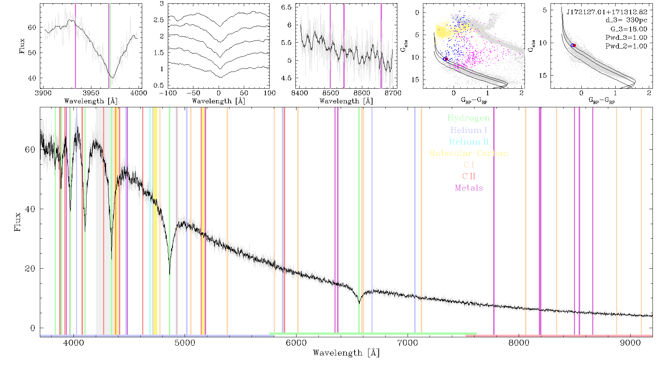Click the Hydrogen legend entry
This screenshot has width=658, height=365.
(x=468, y=118)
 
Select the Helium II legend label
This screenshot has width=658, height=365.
(x=468, y=142)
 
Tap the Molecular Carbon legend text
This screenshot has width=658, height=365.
(x=469, y=153)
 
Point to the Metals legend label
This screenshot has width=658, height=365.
(x=469, y=188)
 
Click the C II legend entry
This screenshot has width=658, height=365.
(x=469, y=176)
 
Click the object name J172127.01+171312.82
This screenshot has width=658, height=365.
(x=607, y=12)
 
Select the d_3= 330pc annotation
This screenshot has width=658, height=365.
(x=626, y=20)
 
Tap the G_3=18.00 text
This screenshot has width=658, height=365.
(x=629, y=29)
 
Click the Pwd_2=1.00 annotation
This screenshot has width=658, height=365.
(x=626, y=46)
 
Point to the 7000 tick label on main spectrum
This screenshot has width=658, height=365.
(x=408, y=343)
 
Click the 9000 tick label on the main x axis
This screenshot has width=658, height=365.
(x=630, y=343)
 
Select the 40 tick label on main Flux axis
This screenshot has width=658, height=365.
(x=30, y=209)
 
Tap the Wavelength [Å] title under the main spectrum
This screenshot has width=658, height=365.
(x=346, y=353)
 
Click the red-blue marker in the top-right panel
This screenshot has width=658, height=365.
(x=574, y=45)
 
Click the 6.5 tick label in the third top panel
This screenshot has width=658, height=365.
(x=287, y=7)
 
